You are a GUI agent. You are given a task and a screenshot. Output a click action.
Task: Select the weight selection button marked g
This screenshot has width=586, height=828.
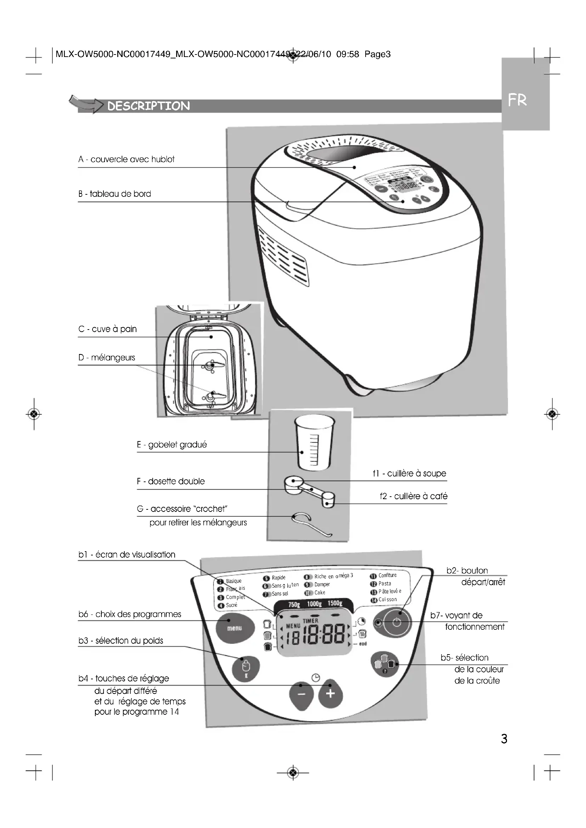click(x=246, y=668)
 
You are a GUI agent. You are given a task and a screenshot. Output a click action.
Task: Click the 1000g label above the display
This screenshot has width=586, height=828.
click(x=314, y=604)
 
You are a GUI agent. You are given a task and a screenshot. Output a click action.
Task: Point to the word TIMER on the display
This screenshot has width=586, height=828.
click(x=310, y=621)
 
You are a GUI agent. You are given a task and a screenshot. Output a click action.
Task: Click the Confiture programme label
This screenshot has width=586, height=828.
click(x=387, y=575)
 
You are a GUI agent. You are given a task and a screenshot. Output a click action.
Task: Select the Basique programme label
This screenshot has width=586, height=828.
click(x=233, y=581)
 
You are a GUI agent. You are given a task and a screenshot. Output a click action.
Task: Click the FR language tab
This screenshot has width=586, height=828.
click(x=517, y=100)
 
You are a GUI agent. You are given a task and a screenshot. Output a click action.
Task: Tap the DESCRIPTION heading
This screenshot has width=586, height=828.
click(x=148, y=106)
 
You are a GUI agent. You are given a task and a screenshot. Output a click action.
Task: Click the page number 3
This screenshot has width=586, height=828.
click(x=504, y=739)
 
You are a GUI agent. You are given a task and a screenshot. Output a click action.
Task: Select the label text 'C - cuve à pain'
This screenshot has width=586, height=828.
click(x=108, y=329)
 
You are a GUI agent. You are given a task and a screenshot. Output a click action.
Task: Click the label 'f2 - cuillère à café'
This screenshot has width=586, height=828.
click(x=413, y=496)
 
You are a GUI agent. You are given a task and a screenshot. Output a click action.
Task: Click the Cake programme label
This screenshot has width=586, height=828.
click(x=319, y=593)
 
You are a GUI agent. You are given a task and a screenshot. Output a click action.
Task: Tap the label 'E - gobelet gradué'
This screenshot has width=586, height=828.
click(x=172, y=445)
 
